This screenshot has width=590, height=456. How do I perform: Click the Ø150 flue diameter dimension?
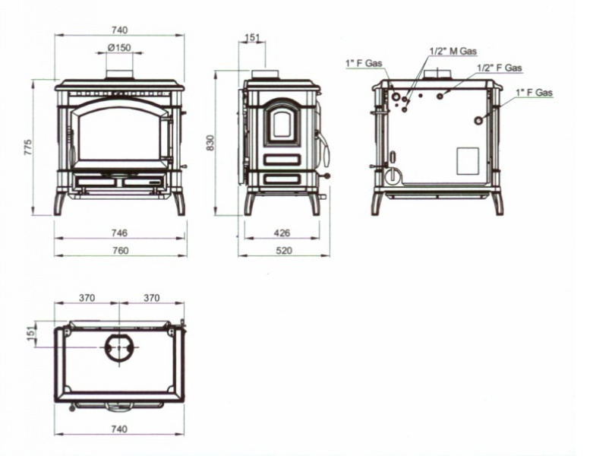(119, 48)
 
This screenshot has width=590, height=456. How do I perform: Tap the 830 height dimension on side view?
(210, 143)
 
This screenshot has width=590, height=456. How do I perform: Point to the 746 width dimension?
(119, 233)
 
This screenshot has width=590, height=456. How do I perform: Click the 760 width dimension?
(121, 250)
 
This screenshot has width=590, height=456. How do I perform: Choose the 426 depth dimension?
(282, 233)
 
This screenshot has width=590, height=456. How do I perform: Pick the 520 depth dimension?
(284, 250)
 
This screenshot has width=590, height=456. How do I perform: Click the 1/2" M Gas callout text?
(453, 51)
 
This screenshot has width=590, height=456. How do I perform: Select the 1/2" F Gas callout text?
(500, 68)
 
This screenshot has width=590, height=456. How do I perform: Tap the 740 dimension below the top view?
(120, 429)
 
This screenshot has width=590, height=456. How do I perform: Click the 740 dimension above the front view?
(120, 30)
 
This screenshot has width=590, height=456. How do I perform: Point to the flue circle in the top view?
(119, 347)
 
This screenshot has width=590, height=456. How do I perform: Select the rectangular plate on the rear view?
(468, 161)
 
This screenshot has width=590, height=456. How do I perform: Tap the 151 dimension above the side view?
(253, 38)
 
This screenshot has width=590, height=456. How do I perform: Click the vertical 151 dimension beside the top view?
(31, 334)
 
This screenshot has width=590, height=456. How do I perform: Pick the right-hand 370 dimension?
(152, 298)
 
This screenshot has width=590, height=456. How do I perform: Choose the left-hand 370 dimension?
(87, 298)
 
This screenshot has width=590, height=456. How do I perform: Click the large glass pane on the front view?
(120, 136)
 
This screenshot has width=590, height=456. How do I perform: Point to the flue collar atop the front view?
(119, 75)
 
